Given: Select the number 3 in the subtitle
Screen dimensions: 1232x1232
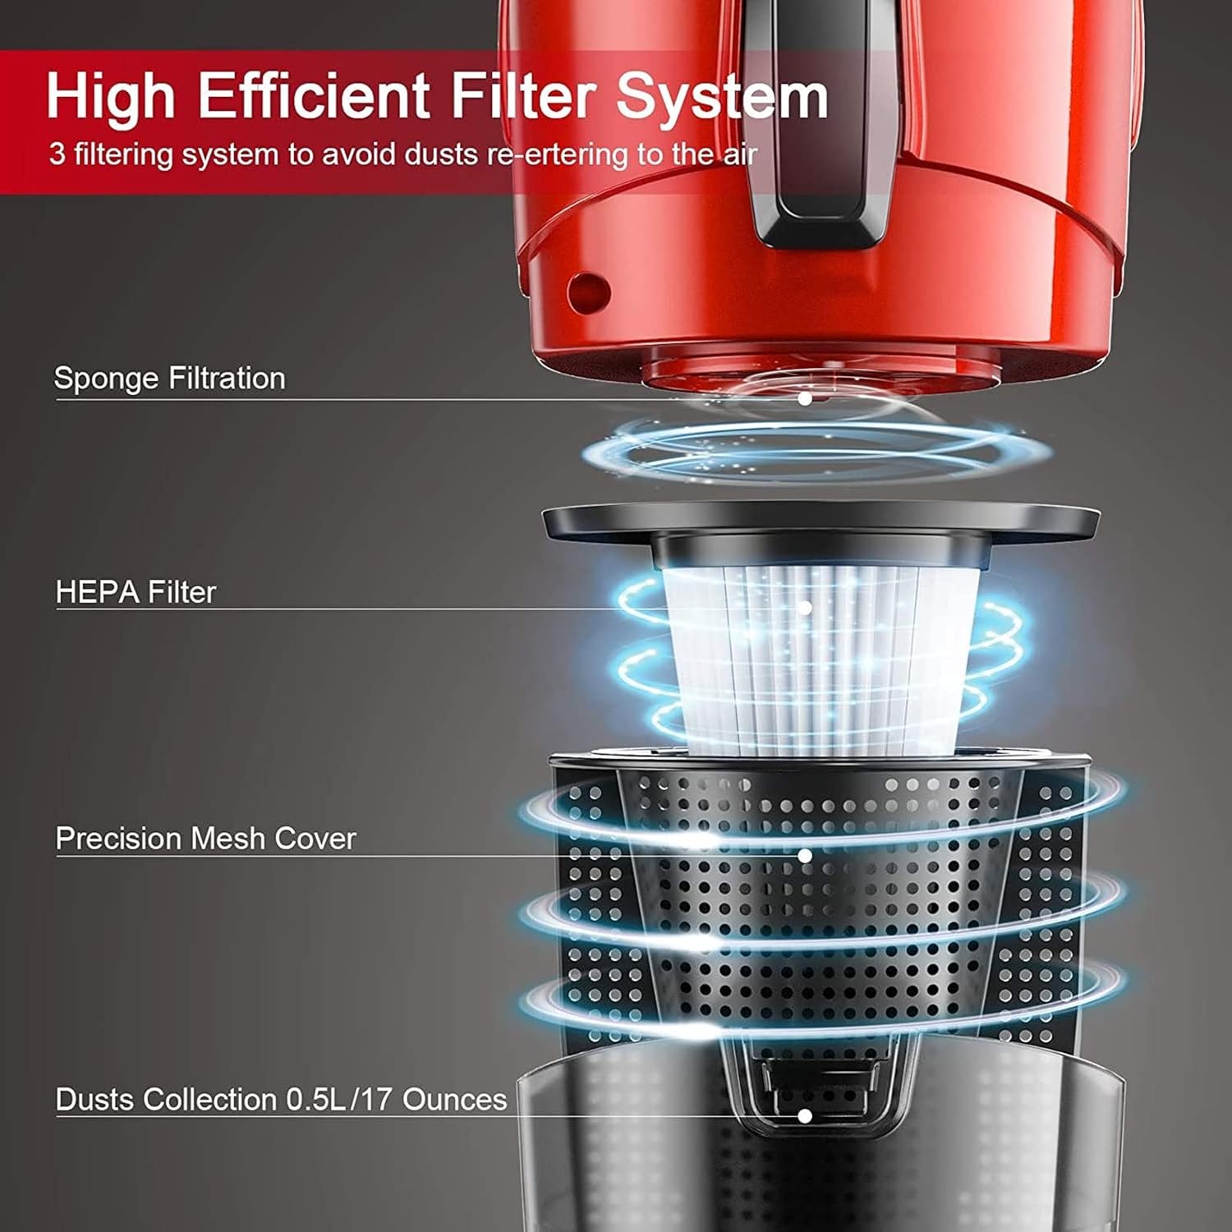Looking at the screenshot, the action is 57,154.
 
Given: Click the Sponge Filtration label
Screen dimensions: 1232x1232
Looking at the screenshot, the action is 169,379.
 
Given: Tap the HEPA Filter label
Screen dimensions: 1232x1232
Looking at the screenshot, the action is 136,592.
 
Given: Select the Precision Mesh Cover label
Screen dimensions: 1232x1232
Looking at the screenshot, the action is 205,839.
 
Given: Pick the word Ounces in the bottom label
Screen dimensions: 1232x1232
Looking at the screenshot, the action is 455,1100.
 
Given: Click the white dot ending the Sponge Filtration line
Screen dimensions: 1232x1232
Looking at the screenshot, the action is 805,398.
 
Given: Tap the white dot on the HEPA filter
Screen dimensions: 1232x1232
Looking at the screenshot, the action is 805,608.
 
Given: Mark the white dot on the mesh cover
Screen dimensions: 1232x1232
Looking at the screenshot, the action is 805,856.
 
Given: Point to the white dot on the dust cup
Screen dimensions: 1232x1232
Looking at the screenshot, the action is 805,1115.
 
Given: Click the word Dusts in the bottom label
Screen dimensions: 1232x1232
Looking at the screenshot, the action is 99,1100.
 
